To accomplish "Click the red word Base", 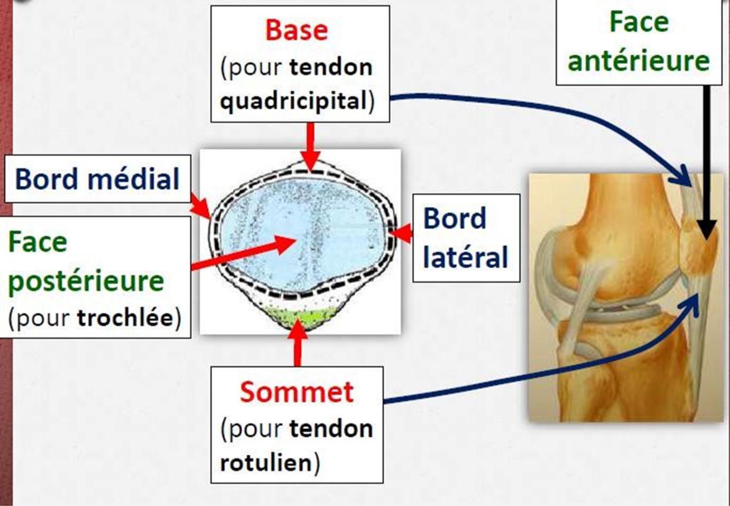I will click(x=296, y=30).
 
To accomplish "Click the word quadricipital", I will click(x=293, y=101).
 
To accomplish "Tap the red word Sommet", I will click(x=297, y=392).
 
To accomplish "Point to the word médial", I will click(x=133, y=179).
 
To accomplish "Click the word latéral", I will click(x=465, y=258).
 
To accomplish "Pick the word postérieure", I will click(x=86, y=281).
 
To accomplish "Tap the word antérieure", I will click(x=638, y=61).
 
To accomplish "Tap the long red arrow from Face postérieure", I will click(x=243, y=253).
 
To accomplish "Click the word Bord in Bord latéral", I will click(x=455, y=219).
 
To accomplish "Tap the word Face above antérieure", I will click(x=639, y=22).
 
